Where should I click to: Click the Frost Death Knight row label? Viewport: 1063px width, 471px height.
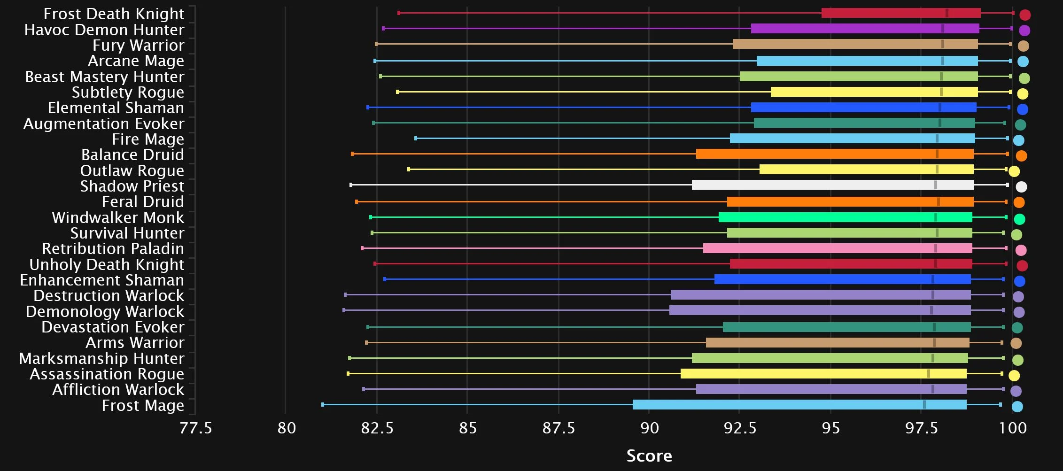click(x=114, y=14)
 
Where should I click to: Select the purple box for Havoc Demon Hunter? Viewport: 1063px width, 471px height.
click(x=865, y=29)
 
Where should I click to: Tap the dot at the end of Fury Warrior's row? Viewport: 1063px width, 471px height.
click(x=1023, y=46)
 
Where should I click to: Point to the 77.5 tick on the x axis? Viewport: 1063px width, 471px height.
click(x=196, y=428)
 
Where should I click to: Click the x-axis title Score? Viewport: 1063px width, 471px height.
click(x=649, y=456)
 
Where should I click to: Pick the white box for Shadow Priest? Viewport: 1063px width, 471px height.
click(x=832, y=185)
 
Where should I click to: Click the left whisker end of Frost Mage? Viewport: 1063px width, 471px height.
click(x=323, y=405)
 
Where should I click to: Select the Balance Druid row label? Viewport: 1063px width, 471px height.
click(x=132, y=155)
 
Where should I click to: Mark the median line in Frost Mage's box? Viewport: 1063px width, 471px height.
click(x=924, y=405)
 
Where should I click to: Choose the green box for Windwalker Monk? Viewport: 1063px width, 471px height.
click(x=845, y=217)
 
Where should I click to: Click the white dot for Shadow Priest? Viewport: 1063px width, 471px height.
click(x=1021, y=187)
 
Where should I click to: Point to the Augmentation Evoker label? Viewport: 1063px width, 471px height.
click(x=104, y=124)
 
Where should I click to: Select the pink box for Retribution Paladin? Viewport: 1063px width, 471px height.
click(x=838, y=248)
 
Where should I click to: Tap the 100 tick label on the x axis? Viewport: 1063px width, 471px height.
click(x=1013, y=428)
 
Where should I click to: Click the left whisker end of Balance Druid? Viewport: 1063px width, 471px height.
click(x=352, y=154)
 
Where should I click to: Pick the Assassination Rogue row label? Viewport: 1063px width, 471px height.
click(x=107, y=374)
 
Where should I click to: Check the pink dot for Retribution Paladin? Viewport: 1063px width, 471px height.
click(x=1020, y=250)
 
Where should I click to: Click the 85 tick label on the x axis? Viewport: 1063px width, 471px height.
click(x=467, y=428)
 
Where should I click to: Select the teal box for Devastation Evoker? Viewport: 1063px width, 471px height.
click(x=846, y=327)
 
